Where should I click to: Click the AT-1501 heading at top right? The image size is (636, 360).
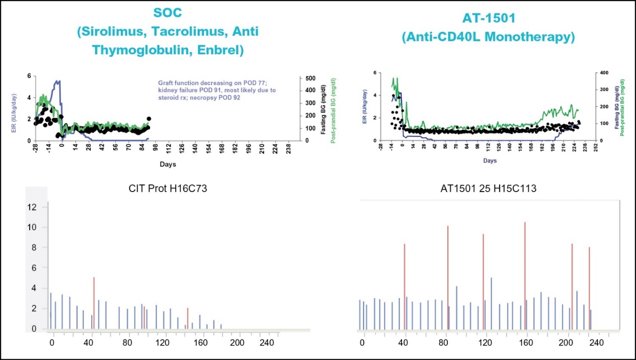tap(488, 19)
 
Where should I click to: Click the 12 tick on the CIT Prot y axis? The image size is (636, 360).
tap(31, 207)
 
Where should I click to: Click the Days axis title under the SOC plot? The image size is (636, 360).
tap(168, 164)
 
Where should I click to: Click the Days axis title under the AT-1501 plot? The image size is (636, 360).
tap(490, 160)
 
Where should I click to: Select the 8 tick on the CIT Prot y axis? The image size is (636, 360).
tap(33, 247)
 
